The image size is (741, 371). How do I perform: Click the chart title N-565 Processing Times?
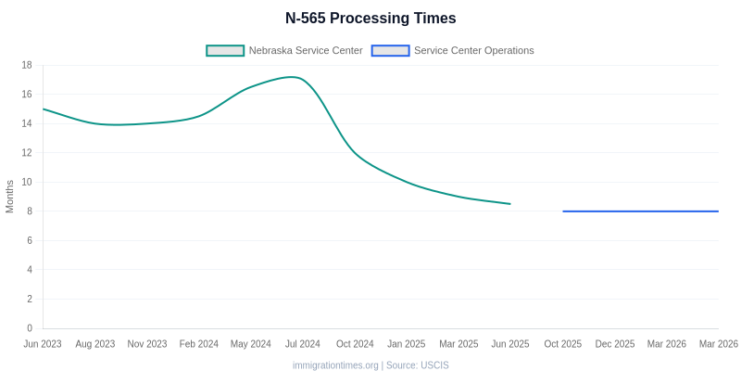[x=370, y=19]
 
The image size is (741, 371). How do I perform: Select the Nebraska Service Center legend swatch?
[x=225, y=50]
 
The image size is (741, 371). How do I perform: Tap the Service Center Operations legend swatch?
[x=390, y=50]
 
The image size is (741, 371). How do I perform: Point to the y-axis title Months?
[x=10, y=197]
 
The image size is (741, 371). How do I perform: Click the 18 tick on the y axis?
[x=27, y=65]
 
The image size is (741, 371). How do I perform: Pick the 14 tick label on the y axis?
[x=27, y=123]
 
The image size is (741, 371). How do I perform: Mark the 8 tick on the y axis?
[x=30, y=211]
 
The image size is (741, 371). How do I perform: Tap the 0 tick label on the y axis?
[x=30, y=328]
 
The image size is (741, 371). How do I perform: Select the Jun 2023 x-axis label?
[x=43, y=344]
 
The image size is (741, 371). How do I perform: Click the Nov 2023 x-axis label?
[x=147, y=344]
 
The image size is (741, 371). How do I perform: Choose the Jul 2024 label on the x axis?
[x=303, y=344]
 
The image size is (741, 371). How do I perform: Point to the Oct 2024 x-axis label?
[x=355, y=344]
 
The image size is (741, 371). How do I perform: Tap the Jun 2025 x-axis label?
[x=510, y=344]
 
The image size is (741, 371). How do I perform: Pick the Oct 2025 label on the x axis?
[x=563, y=344]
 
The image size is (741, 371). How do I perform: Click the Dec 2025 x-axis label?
[x=615, y=344]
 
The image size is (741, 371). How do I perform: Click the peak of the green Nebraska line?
[x=293, y=77]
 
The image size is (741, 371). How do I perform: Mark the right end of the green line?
[x=510, y=204]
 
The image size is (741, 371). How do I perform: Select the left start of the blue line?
[x=563, y=211]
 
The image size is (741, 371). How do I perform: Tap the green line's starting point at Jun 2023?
[x=44, y=109]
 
